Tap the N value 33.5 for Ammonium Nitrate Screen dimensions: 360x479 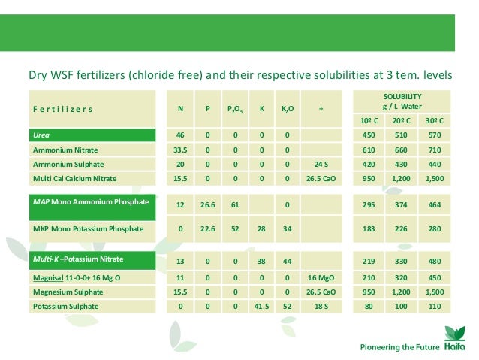coord(181,150)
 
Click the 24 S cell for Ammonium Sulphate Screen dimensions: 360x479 coord(321,164)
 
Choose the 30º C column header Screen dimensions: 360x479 coord(434,120)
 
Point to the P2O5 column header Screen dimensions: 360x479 coord(234,109)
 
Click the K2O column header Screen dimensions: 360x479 coord(287,109)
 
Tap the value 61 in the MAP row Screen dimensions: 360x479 coord(234,206)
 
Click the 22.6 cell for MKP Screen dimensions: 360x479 coord(207,228)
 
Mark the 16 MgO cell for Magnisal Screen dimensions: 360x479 coord(321,277)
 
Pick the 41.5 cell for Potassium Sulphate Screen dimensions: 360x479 coord(261,306)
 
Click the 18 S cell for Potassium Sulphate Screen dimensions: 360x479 coord(321,306)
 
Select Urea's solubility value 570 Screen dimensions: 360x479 coord(434,135)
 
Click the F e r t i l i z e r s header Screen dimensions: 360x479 coord(62,109)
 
